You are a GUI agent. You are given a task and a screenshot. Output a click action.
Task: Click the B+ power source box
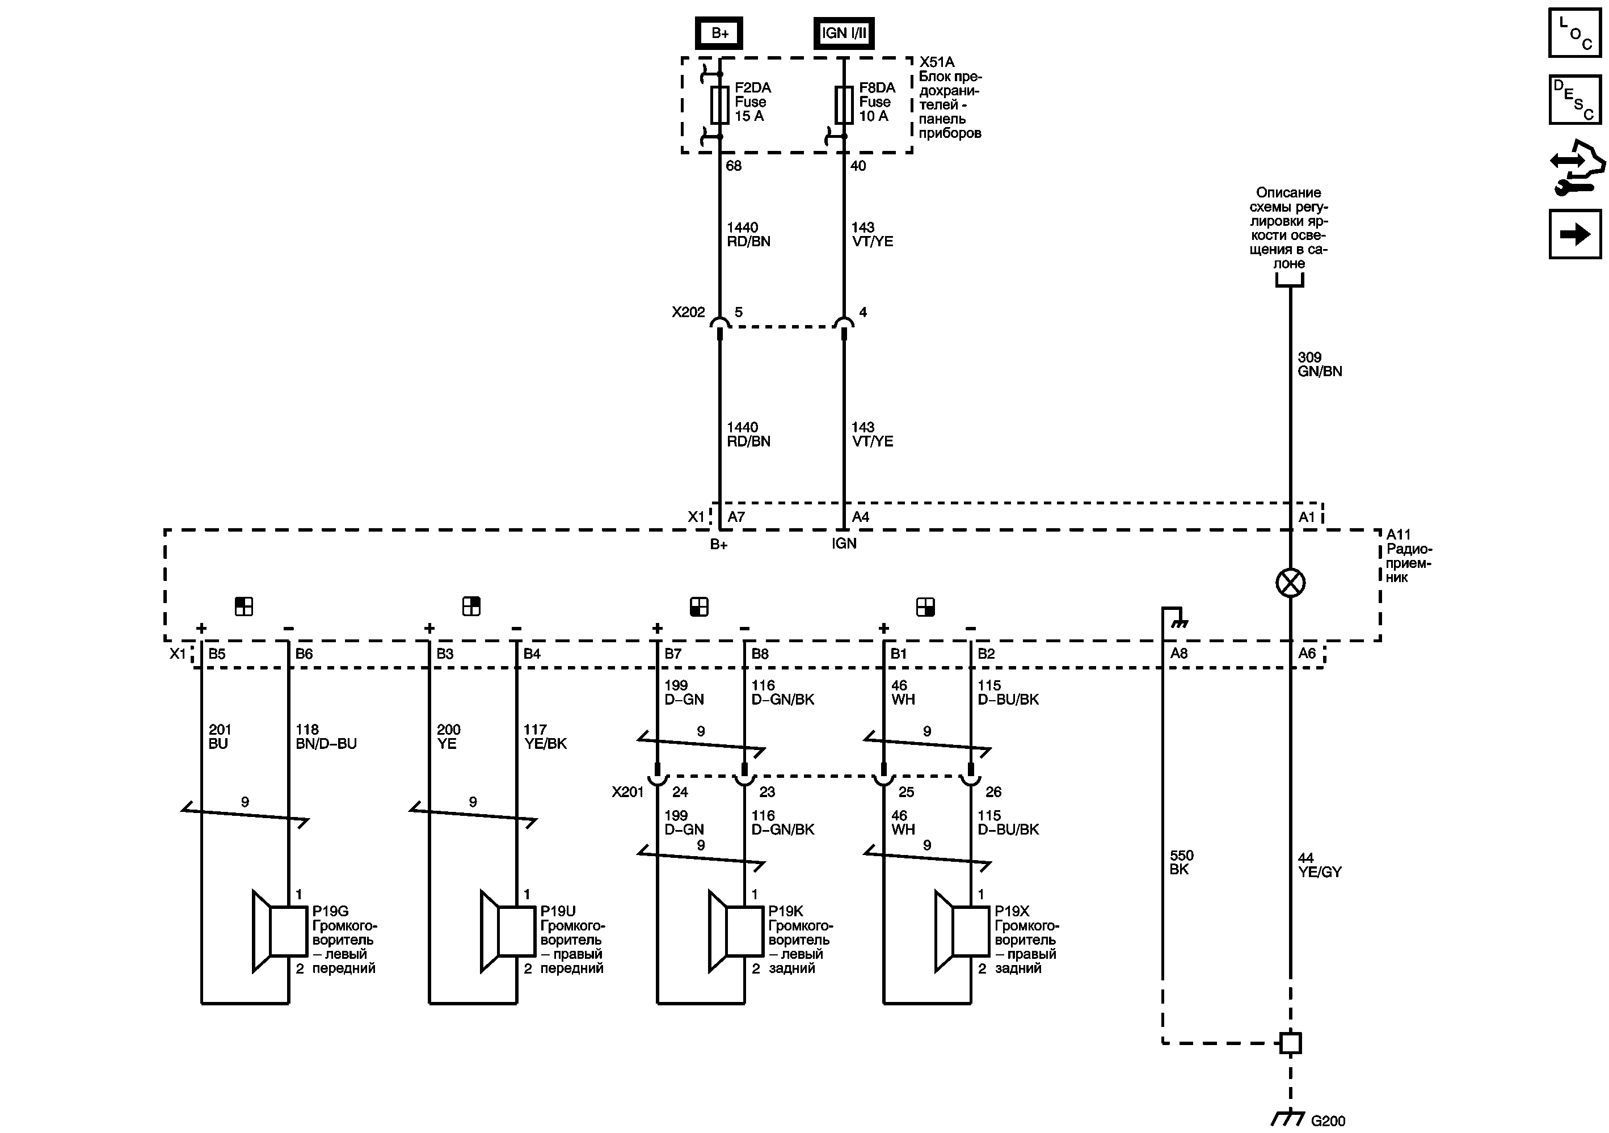pyautogui.click(x=719, y=33)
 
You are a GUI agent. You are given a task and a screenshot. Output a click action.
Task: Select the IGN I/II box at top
pyautogui.click(x=844, y=33)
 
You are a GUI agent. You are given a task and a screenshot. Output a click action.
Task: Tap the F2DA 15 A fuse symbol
pyautogui.click(x=720, y=105)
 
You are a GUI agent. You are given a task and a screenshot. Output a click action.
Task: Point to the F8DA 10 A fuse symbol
pyautogui.click(x=844, y=105)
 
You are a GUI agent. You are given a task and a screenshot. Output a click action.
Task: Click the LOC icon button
pyautogui.click(x=1574, y=32)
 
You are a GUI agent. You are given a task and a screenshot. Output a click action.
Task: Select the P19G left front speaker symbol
pyautogui.click(x=280, y=931)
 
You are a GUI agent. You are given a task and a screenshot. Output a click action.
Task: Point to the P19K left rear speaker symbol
pyautogui.click(x=736, y=931)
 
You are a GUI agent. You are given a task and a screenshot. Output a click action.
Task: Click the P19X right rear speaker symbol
pyautogui.click(x=962, y=931)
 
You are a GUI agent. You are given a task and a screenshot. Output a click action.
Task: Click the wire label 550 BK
pyautogui.click(x=1182, y=862)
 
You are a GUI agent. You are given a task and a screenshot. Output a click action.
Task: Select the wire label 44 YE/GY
pyautogui.click(x=1320, y=865)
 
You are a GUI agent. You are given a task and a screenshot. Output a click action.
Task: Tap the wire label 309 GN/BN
pyautogui.click(x=1320, y=364)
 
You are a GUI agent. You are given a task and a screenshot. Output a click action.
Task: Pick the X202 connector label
pyautogui.click(x=688, y=313)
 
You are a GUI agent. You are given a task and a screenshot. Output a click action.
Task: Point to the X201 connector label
pyautogui.click(x=627, y=792)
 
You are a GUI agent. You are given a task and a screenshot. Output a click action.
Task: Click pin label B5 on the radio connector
pyautogui.click(x=217, y=654)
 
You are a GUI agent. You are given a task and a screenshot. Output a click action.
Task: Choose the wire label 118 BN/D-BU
pyautogui.click(x=326, y=736)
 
